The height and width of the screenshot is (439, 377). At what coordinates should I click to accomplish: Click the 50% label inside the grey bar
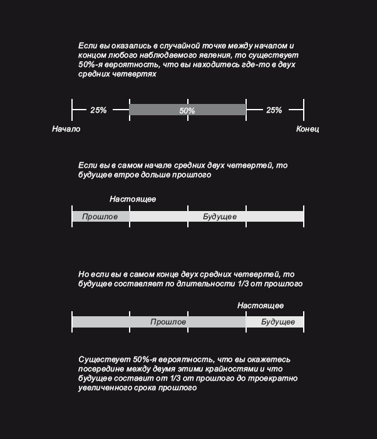(x=187, y=110)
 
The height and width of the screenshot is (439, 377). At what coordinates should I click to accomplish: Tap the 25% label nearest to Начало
(x=98, y=110)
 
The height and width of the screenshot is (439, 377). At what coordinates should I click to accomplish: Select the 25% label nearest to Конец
(x=274, y=110)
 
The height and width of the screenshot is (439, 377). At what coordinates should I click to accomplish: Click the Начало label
(x=66, y=129)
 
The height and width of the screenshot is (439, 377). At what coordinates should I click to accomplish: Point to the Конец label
(x=307, y=129)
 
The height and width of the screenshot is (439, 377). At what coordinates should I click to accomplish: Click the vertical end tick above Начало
(x=72, y=110)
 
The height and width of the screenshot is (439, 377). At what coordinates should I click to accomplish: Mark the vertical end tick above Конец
(x=304, y=110)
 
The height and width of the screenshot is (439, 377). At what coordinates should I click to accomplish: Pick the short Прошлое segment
(x=100, y=216)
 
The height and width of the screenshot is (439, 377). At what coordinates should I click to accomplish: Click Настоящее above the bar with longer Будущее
(x=133, y=199)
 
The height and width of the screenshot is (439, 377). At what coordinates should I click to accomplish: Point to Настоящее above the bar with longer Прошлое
(x=261, y=306)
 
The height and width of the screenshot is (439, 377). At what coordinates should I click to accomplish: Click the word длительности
(x=224, y=284)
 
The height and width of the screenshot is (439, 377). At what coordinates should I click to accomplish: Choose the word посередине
(x=103, y=369)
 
